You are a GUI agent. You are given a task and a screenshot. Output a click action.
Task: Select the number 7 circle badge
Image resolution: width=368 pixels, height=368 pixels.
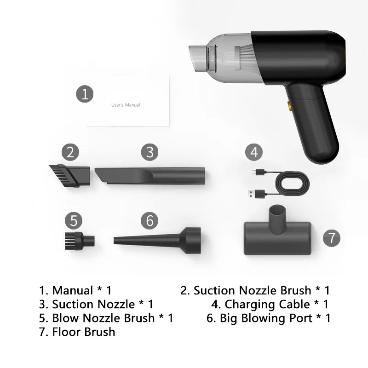click(331, 238)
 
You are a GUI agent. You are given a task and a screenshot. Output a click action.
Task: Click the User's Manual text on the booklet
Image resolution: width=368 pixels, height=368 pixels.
click(126, 105)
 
